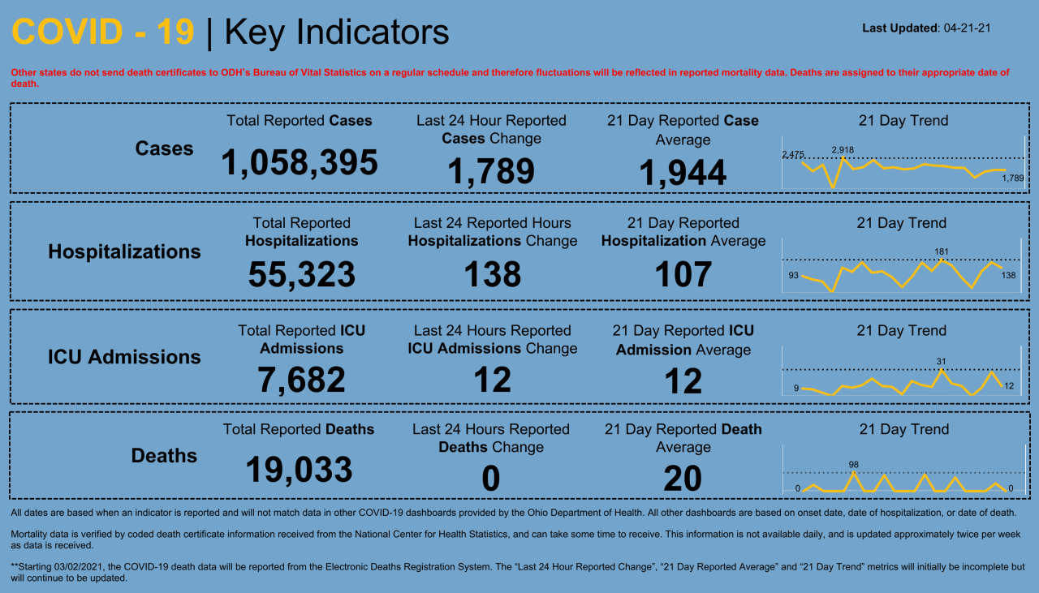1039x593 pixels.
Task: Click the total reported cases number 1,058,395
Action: [x=299, y=163]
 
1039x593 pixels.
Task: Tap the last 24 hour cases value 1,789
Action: [x=491, y=171]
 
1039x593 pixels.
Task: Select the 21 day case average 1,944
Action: [x=683, y=173]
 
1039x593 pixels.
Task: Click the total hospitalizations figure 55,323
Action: [x=301, y=275]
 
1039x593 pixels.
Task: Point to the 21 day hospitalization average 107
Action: [x=683, y=275]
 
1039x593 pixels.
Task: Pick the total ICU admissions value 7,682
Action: [x=301, y=380]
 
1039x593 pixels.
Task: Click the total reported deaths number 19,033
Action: [x=299, y=470]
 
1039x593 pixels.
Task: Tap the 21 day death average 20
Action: [x=683, y=479]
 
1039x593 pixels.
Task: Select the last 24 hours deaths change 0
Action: [x=490, y=479]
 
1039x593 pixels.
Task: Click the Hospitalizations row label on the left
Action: [x=124, y=251]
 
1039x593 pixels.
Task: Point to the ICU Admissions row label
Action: [x=124, y=357]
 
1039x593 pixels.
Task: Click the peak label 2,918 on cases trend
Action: [x=843, y=150]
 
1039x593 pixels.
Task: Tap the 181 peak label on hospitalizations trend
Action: [x=942, y=251]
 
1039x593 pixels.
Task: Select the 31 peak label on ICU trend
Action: [x=942, y=361]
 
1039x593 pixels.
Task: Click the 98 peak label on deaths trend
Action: [x=853, y=465]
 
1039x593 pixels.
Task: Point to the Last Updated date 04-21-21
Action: [x=967, y=28]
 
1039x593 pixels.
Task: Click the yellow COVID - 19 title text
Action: [x=103, y=32]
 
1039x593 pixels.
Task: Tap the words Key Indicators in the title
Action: [x=336, y=32]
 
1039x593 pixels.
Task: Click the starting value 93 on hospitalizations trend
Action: [x=793, y=276]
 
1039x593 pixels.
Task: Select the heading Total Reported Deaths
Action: [x=299, y=429]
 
